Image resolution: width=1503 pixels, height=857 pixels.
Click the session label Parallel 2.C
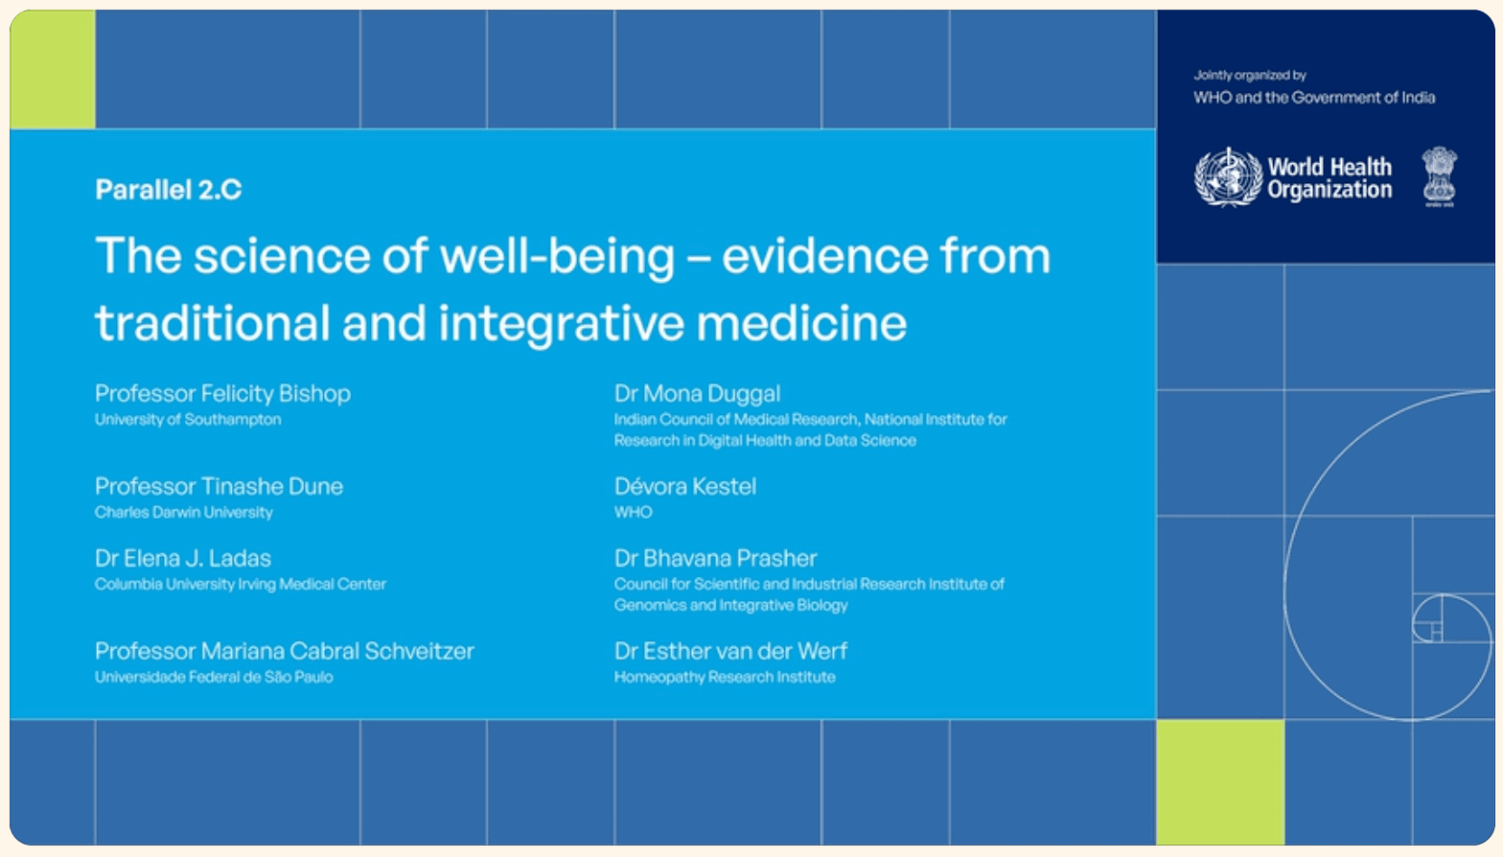coord(168,190)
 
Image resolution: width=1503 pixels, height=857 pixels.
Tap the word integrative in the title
coord(561,323)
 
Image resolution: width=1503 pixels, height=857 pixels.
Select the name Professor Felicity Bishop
coord(222,393)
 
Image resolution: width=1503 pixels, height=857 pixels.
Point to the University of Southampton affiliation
coord(188,420)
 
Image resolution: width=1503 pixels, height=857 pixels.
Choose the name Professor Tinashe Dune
coord(219,486)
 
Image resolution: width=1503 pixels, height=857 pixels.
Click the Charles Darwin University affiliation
coord(184,513)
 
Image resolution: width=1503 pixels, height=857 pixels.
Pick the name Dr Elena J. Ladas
coord(183,558)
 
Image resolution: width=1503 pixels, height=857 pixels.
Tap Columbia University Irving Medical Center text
coord(241,585)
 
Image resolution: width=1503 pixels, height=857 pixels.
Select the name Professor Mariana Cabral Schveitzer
coord(285,651)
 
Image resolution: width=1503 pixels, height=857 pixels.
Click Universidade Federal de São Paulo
coord(214,678)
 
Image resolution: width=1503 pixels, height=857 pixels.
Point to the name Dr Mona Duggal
coord(698,393)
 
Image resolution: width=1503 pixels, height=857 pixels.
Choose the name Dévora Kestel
coord(685,486)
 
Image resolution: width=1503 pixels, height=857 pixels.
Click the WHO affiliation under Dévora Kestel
coord(634,513)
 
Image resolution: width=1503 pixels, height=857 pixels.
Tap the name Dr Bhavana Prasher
coord(716,558)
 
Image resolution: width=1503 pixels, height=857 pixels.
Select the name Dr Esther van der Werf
coord(731,651)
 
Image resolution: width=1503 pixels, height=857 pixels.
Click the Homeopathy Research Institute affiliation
coord(725,678)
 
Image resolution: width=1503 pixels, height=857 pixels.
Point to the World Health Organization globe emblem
coord(1227,177)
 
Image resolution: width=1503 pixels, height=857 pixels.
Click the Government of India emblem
coord(1439,175)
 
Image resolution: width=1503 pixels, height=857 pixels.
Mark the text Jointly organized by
coord(1250,75)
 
